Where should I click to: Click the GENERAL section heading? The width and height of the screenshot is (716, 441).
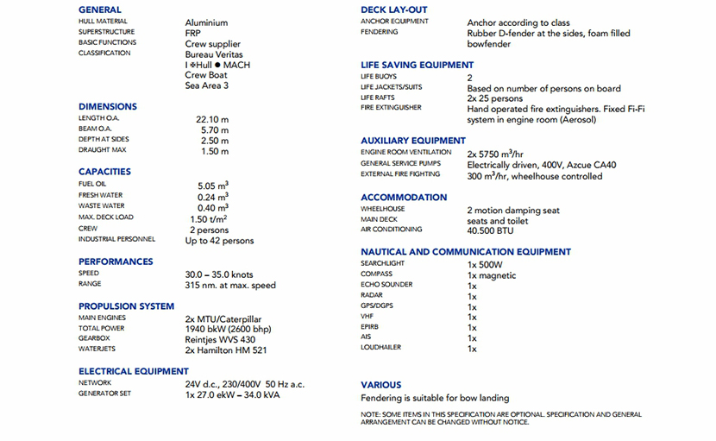point(100,9)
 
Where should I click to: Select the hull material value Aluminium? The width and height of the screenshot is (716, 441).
point(206,23)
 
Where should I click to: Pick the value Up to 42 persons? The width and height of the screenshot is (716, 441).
point(220,241)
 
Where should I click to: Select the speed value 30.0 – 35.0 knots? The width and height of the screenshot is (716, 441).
point(219,274)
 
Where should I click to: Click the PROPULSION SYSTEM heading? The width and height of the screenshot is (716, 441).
point(126,306)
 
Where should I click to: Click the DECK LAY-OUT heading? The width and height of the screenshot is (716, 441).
point(393,9)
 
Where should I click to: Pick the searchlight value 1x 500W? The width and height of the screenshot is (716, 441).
point(485,264)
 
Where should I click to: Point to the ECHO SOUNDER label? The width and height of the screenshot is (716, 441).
point(386,285)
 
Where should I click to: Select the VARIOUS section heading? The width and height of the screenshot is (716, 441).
point(380,385)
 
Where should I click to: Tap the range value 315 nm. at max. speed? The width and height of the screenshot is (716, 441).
point(230,285)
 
